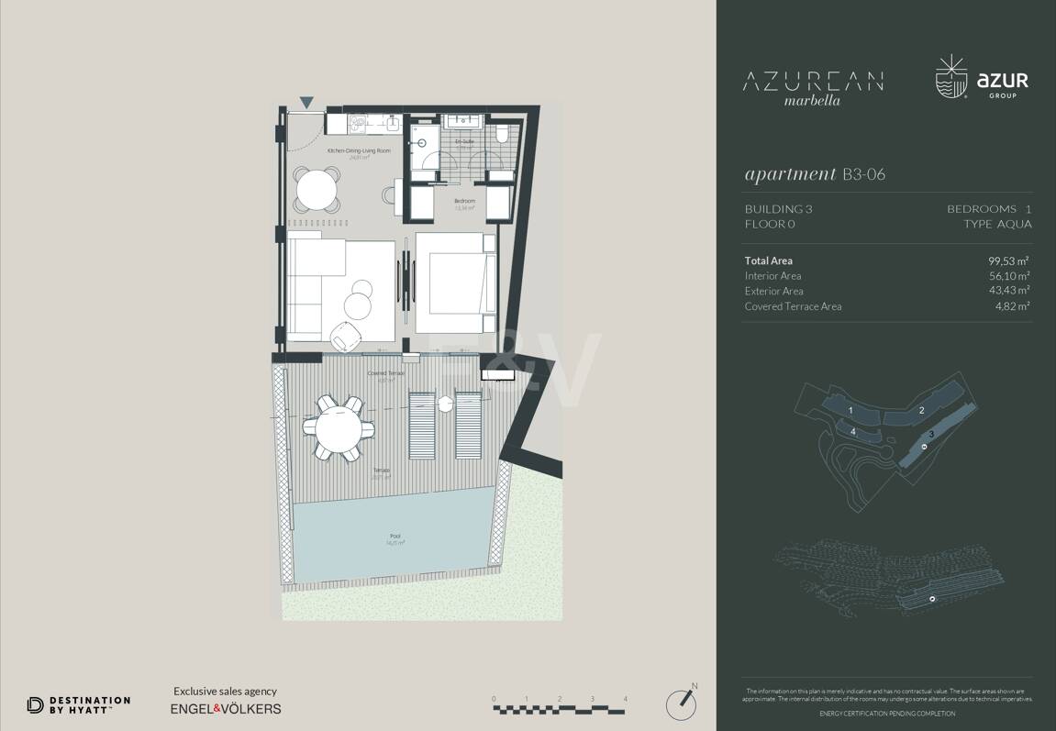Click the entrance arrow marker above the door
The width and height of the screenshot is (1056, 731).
click(x=306, y=103)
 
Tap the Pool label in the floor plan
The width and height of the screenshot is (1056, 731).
click(x=395, y=537)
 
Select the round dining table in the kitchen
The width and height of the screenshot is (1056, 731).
click(x=317, y=190)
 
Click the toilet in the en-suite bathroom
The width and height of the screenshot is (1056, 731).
click(x=502, y=134)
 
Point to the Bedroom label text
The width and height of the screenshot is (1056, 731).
click(x=465, y=201)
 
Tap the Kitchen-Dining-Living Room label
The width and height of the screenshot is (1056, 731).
click(x=359, y=150)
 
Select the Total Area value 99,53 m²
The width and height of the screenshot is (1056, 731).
click(x=1008, y=260)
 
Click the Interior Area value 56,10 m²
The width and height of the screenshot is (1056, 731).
click(x=1008, y=276)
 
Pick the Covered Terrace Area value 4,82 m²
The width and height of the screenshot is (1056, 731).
click(x=1012, y=306)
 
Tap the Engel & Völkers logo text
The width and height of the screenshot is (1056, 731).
click(x=226, y=708)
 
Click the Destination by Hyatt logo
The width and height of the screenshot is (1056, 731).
click(x=78, y=704)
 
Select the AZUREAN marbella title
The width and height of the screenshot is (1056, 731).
click(x=812, y=86)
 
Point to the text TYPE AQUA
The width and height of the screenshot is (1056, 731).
click(x=997, y=224)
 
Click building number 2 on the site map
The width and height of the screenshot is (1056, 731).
click(x=921, y=410)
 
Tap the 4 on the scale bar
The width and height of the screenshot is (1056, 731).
click(x=626, y=699)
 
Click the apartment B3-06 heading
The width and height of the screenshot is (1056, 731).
click(x=815, y=174)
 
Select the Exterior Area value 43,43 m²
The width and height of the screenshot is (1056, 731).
click(x=1008, y=291)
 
